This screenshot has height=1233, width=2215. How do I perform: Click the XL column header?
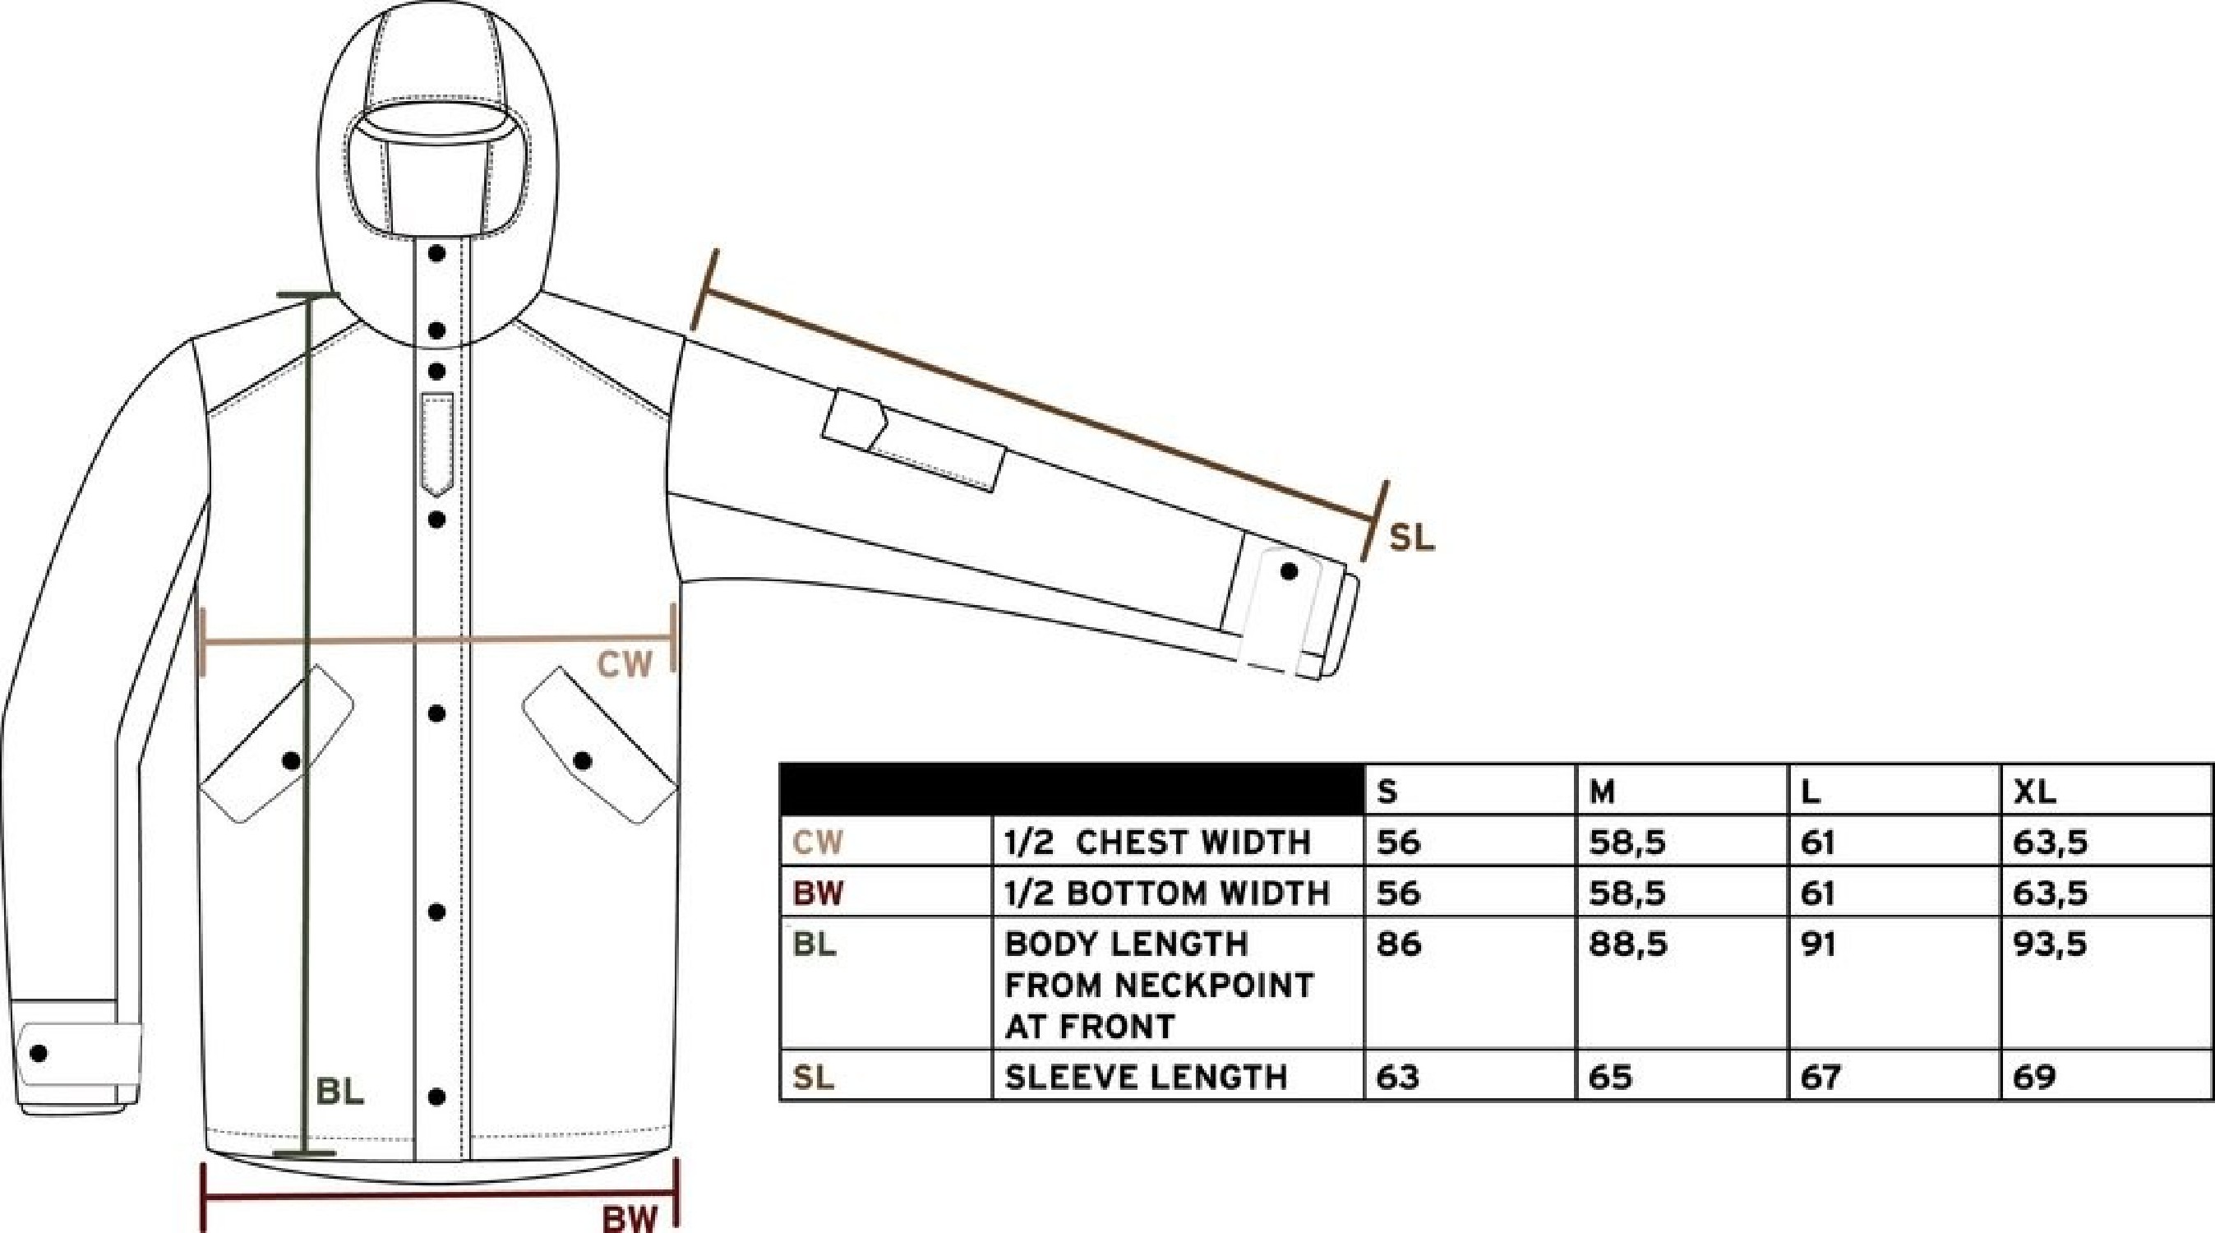(2034, 792)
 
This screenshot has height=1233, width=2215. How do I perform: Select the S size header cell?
(1387, 792)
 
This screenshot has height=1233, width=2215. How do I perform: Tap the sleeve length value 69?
(2034, 1077)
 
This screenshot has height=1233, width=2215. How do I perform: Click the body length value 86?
(1399, 945)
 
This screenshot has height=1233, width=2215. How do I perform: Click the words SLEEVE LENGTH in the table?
(1147, 1077)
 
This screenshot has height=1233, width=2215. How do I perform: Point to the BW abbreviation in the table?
(819, 894)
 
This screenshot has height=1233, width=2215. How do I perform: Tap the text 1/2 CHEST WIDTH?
(1157, 843)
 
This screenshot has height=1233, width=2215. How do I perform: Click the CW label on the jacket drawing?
(625, 665)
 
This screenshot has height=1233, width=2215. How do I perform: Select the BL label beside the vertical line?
(340, 1092)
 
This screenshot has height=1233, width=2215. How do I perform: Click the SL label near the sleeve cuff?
(1412, 538)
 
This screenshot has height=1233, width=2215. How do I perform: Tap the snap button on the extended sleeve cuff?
(1289, 571)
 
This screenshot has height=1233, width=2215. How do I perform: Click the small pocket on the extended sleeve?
(914, 441)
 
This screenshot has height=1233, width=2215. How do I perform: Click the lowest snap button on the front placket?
(436, 1097)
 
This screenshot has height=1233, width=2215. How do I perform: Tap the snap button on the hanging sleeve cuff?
(39, 1052)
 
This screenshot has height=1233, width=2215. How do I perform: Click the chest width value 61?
(1818, 843)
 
